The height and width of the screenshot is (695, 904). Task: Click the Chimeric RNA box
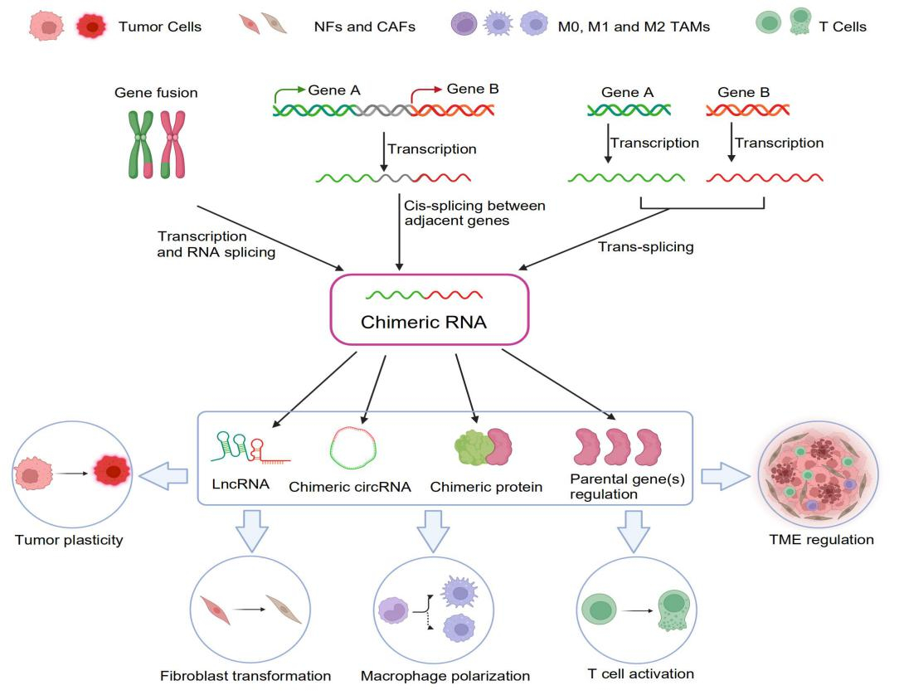pyautogui.click(x=429, y=309)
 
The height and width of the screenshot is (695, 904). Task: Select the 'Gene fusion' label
pyautogui.click(x=155, y=92)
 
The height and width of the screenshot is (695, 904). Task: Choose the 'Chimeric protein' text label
pyautogui.click(x=486, y=487)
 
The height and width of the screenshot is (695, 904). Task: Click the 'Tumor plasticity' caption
pyautogui.click(x=69, y=540)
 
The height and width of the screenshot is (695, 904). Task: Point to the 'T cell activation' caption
pyautogui.click(x=639, y=673)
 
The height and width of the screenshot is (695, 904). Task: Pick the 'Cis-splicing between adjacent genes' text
pyautogui.click(x=474, y=212)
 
